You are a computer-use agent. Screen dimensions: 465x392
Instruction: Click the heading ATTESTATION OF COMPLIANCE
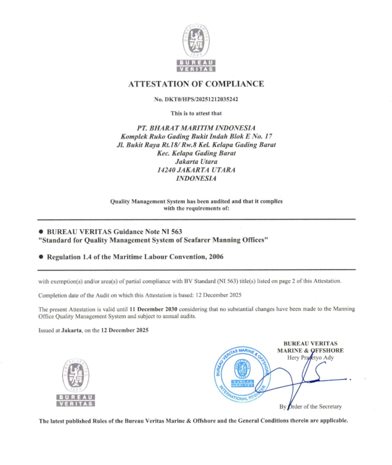196,84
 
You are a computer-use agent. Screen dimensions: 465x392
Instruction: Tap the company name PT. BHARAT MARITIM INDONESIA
196,128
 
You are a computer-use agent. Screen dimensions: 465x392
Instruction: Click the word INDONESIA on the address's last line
196,179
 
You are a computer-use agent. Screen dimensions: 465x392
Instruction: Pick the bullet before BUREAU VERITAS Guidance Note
41,232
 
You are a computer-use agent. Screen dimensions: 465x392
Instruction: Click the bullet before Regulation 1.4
41,257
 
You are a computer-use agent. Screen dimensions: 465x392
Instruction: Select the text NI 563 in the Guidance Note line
170,232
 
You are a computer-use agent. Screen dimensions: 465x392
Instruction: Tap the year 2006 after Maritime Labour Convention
215,257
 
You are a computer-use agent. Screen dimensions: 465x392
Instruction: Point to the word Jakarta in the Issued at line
73,330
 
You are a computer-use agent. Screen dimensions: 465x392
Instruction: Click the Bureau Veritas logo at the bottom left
75,383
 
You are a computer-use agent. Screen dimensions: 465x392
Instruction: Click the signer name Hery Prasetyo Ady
315,357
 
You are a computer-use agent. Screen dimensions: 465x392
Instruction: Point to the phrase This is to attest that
196,113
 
